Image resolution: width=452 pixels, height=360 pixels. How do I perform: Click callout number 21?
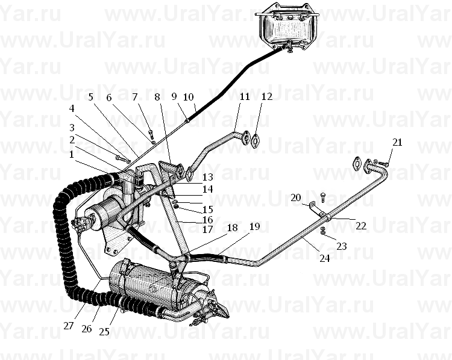(397, 142)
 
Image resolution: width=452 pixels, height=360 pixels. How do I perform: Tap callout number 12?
(267, 96)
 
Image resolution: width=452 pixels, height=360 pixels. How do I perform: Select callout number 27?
(69, 326)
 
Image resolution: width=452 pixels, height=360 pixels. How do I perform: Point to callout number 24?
(325, 258)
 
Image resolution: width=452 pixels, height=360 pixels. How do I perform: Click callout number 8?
(157, 97)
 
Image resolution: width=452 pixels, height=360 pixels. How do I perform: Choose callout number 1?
(72, 154)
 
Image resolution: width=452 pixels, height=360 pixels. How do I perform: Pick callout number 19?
(254, 226)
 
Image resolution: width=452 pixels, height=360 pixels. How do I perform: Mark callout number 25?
(104, 332)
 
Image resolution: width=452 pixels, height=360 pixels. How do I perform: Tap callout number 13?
(207, 177)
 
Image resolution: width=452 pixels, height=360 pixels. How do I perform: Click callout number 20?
(296, 198)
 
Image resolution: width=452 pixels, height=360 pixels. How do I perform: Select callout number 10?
(188, 97)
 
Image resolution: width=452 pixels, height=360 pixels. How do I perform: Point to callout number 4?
(72, 108)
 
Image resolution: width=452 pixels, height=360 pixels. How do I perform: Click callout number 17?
(207, 230)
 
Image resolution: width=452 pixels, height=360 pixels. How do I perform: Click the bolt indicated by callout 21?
(383, 164)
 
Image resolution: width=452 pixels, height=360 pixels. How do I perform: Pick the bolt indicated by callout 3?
(121, 158)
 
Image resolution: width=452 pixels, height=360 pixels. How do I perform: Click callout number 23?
(341, 246)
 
